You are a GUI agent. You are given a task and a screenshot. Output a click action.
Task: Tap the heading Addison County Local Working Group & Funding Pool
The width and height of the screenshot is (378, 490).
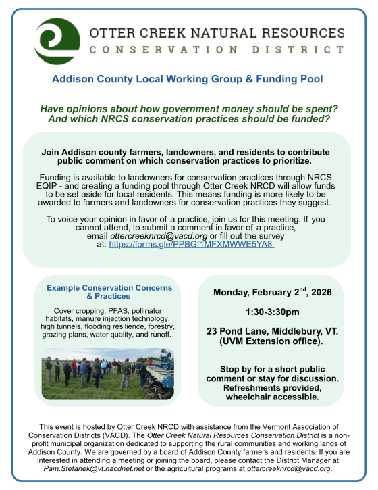click(188, 79)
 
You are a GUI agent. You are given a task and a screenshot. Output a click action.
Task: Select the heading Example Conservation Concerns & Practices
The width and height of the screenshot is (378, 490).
click(109, 292)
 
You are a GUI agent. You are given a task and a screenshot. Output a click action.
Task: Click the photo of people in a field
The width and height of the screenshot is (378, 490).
click(108, 373)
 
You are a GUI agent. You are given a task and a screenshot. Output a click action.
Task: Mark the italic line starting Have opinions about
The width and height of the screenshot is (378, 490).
click(188, 109)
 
